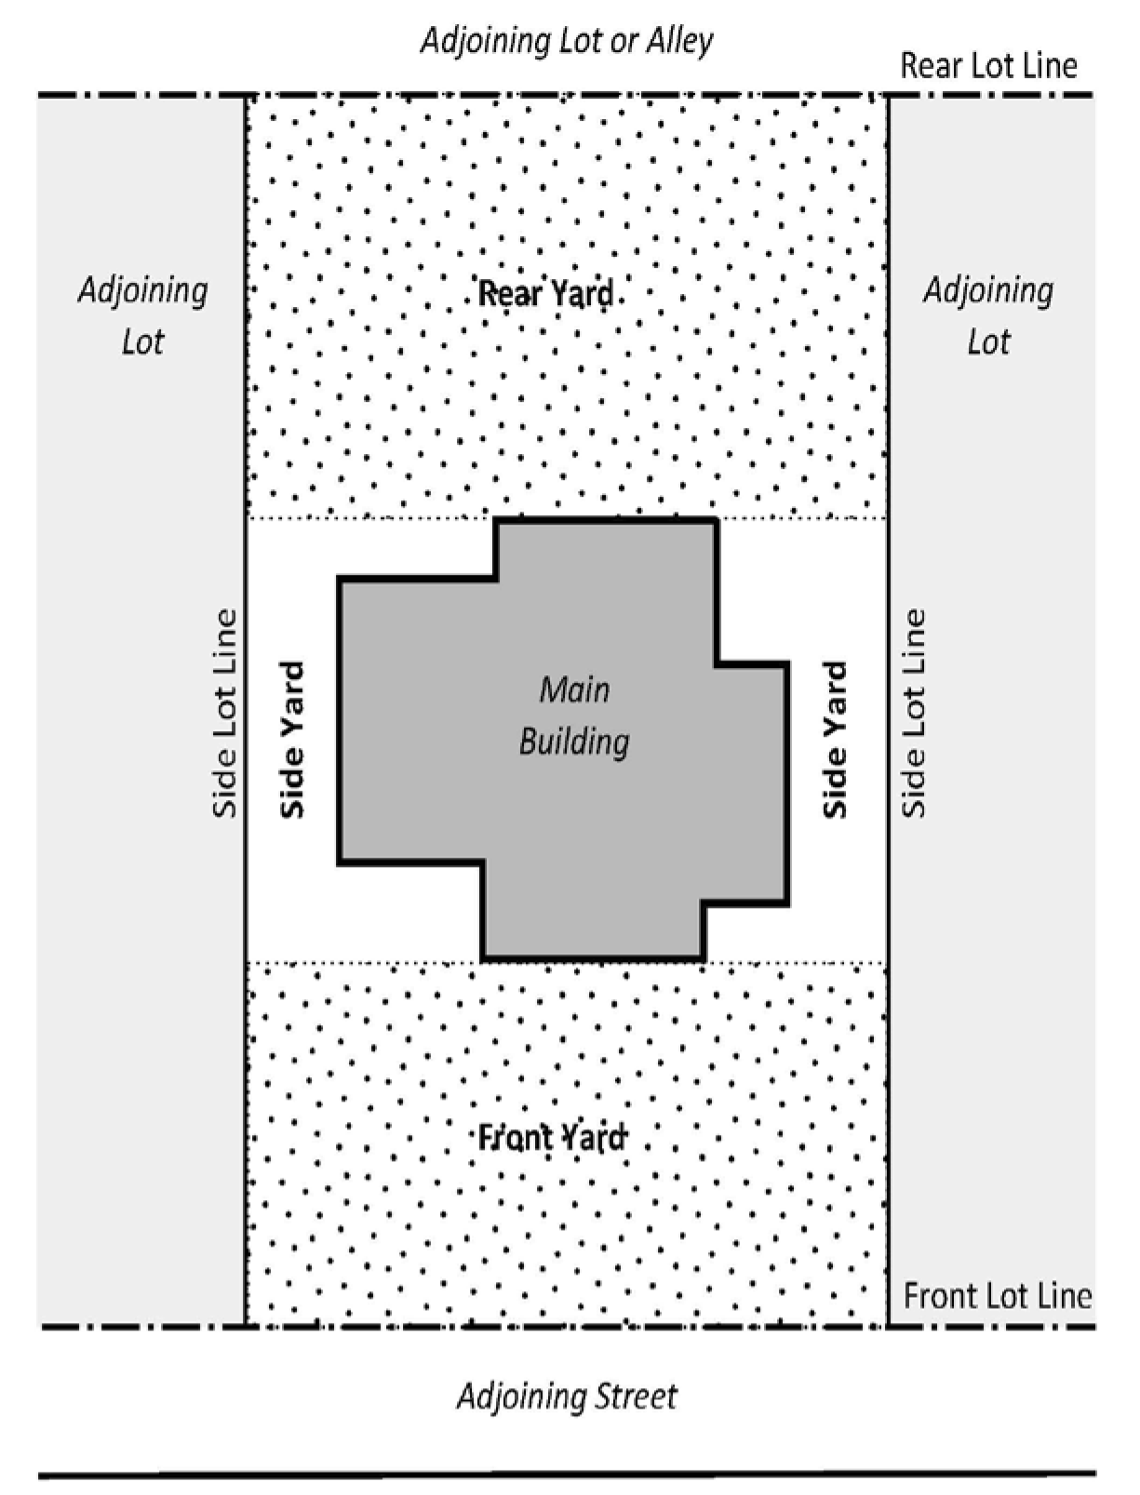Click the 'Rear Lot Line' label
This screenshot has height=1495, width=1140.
(988, 67)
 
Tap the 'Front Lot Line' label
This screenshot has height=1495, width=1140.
(998, 1295)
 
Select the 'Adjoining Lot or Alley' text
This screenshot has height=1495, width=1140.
(567, 42)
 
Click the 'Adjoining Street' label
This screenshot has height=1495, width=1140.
(568, 1397)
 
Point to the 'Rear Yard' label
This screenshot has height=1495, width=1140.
(545, 294)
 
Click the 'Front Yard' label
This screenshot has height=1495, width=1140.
(551, 1138)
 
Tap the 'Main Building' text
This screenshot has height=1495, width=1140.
(574, 715)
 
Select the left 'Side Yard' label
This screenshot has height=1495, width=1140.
(293, 739)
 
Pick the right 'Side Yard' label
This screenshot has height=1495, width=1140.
(835, 739)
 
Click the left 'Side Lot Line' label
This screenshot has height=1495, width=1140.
(224, 713)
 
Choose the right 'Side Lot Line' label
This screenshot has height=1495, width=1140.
(914, 713)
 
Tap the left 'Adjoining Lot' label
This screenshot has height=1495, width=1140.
(143, 315)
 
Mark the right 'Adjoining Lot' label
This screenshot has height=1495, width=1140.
(989, 315)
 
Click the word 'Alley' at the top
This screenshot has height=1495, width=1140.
(679, 42)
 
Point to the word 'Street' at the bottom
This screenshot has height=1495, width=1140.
(636, 1396)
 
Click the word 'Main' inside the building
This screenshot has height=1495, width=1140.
(574, 690)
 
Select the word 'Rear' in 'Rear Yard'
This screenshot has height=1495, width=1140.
(506, 294)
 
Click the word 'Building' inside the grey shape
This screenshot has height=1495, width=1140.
(574, 741)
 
